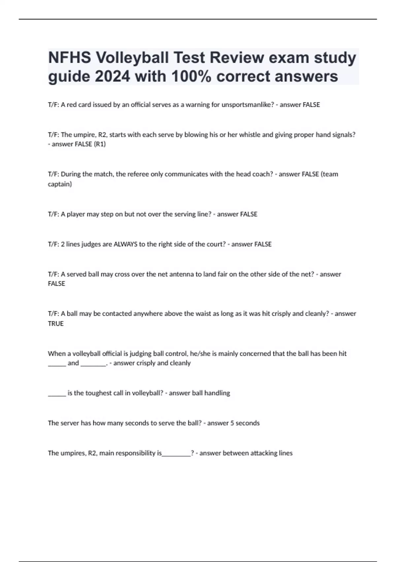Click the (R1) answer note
(x=100, y=144)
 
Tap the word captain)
(x=60, y=184)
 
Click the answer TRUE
(x=56, y=324)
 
